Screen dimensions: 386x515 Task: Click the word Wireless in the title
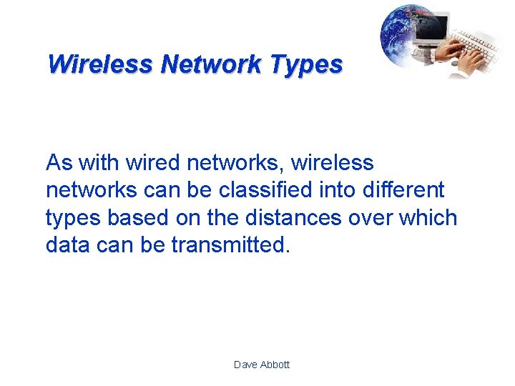(x=100, y=64)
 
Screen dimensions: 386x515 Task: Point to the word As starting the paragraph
(x=59, y=163)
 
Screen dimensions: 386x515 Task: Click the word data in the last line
(x=67, y=245)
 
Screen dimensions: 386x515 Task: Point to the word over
(x=364, y=218)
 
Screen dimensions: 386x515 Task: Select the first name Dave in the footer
(x=246, y=365)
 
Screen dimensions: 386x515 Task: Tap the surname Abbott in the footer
(x=275, y=365)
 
